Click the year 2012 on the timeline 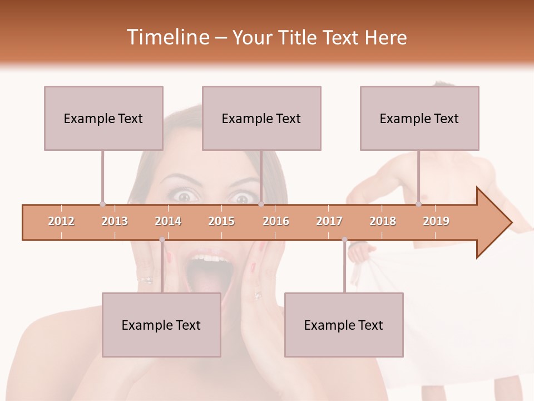click(61, 221)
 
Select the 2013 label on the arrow click(115, 221)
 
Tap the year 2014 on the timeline click(168, 221)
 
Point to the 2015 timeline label click(221, 221)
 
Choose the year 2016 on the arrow click(276, 221)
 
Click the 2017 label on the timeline click(329, 221)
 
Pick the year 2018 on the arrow click(383, 221)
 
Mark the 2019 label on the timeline click(436, 221)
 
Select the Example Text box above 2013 click(103, 118)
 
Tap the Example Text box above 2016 click(261, 118)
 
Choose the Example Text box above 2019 click(419, 118)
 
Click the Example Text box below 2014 click(161, 325)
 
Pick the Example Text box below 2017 click(344, 325)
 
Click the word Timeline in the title click(167, 37)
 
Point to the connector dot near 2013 click(102, 204)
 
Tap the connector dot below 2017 click(344, 240)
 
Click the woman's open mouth click(207, 270)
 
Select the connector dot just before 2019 click(419, 204)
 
